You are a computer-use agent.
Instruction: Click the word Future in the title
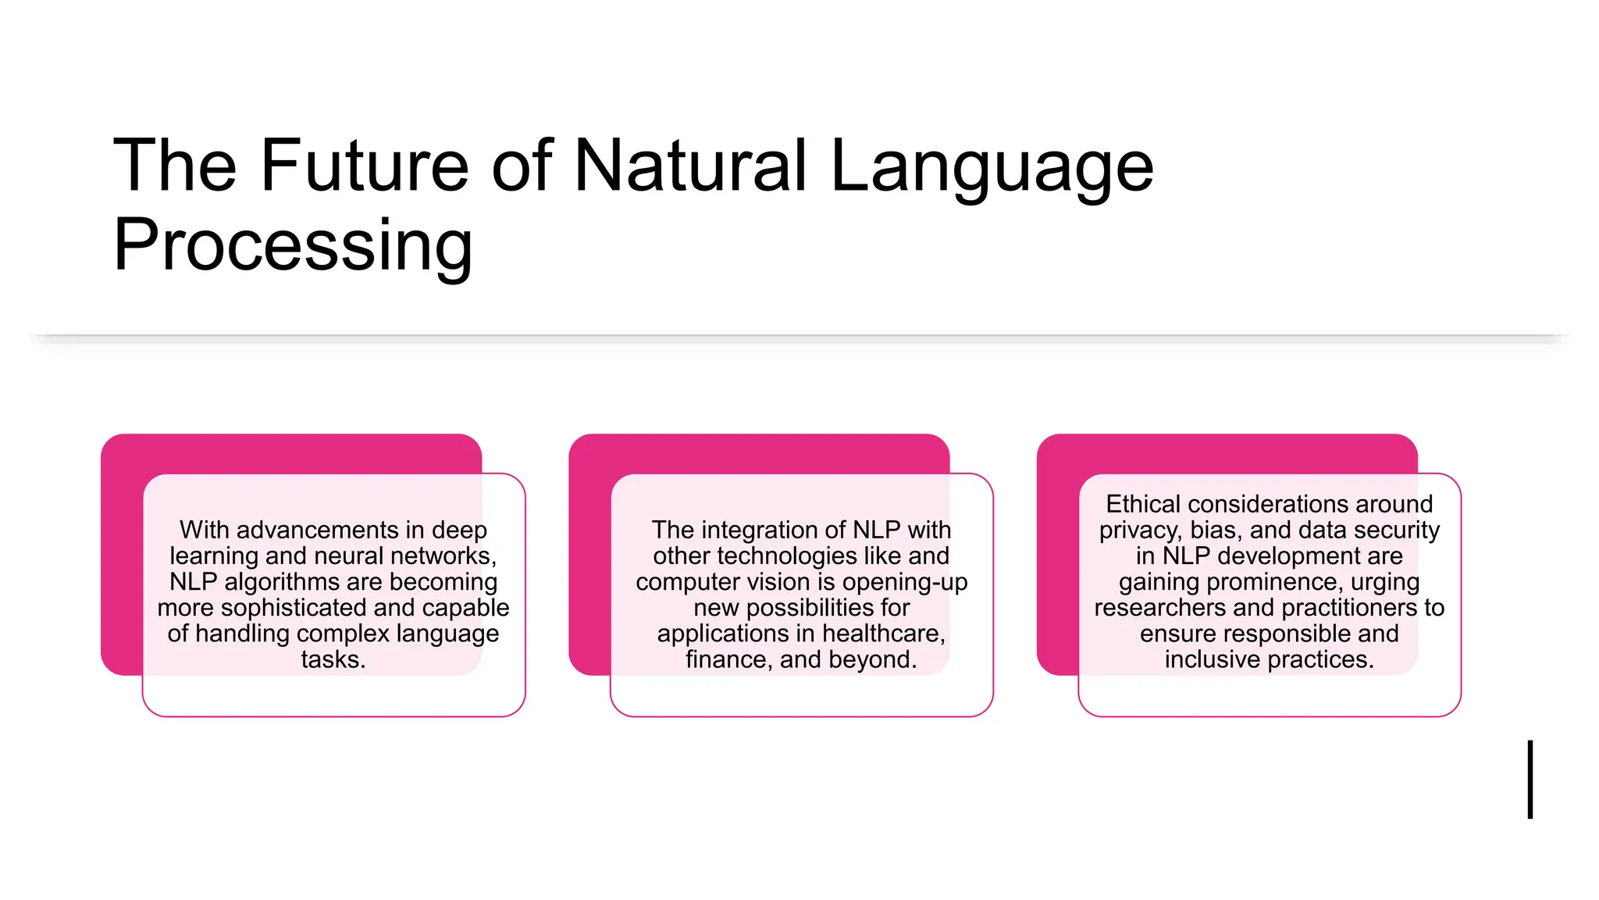[x=365, y=165]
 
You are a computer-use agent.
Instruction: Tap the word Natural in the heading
[x=690, y=165]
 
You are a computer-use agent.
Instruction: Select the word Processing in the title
[x=293, y=245]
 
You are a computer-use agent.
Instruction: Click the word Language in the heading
[x=992, y=165]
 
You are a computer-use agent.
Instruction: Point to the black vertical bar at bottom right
[x=1530, y=779]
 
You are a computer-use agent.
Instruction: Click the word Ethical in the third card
[x=1143, y=504]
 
